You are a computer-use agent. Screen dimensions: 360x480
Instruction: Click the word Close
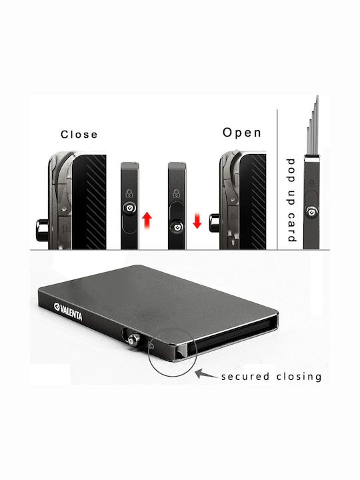coord(79,135)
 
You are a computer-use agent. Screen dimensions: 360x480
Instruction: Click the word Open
coord(242,133)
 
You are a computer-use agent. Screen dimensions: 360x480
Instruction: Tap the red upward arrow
coord(147,220)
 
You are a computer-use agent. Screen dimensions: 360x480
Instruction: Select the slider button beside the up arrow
coord(130,207)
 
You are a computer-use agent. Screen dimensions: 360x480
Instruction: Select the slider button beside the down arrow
coord(177,227)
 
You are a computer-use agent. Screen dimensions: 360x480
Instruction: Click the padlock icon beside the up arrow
coord(129,193)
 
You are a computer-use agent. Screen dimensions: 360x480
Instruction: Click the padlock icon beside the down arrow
coord(177,193)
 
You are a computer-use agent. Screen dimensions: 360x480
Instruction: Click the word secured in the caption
coord(245,376)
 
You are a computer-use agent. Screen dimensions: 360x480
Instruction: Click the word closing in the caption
coord(299,377)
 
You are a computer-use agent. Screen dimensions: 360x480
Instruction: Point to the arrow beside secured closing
coord(206,374)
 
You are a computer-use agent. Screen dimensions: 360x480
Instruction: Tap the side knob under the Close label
coord(42,229)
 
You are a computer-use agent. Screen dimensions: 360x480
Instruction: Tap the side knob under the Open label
coord(215,223)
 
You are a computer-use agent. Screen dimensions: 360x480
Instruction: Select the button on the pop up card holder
coord(311,212)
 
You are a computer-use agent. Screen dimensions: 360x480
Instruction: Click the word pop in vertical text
coord(291,171)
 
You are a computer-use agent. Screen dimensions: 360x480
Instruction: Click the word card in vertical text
coord(292,227)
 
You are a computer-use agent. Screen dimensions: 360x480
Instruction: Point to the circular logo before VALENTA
coord(57,307)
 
